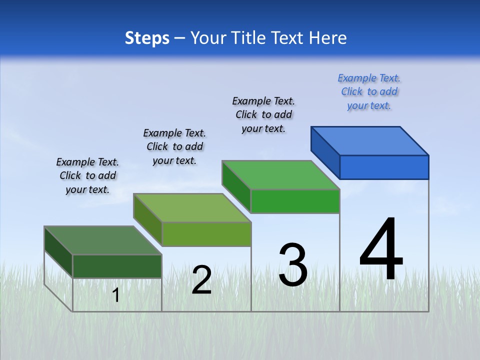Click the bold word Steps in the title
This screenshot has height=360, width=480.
click(147, 38)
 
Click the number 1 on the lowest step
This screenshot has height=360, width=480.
click(116, 295)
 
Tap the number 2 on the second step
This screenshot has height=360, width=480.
click(201, 280)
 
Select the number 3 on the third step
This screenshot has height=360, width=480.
click(293, 265)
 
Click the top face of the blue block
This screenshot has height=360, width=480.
click(370, 140)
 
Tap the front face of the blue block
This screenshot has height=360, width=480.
click(384, 167)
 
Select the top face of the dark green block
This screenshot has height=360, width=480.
click(103, 240)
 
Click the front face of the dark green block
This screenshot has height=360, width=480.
click(117, 266)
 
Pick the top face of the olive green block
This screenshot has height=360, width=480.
click(192, 207)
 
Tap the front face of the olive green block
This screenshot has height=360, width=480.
click(206, 234)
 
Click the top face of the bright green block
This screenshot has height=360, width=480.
click(281, 175)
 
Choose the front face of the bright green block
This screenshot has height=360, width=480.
click(295, 201)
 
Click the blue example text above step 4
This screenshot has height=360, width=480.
click(369, 92)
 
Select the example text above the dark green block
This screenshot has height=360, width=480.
click(87, 175)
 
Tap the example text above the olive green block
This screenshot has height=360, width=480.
click(174, 146)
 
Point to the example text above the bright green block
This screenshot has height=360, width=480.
click(263, 114)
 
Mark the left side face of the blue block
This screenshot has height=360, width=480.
click(325, 152)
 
